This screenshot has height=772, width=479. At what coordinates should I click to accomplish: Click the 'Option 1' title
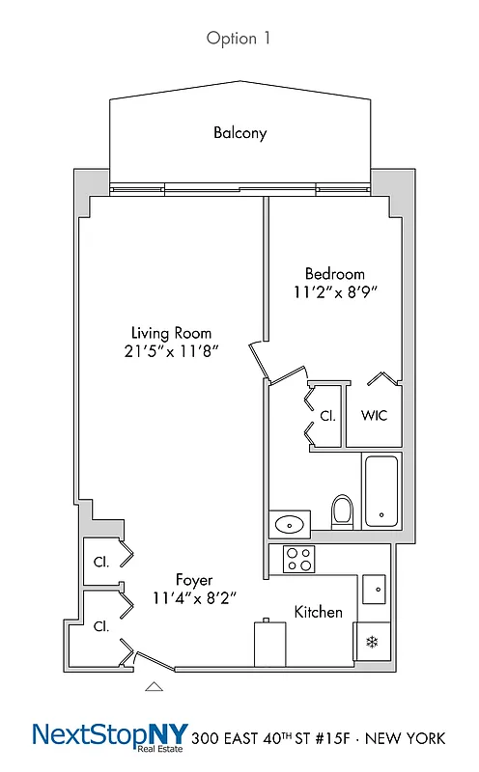tap(239, 39)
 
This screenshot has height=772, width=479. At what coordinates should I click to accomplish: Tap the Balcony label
tap(239, 133)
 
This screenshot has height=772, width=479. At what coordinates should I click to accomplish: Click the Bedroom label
tap(334, 273)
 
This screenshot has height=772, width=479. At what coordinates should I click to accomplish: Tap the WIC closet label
tap(374, 416)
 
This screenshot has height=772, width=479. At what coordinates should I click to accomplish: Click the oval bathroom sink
tap(289, 525)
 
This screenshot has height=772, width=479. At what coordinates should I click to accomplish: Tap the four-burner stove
tap(297, 559)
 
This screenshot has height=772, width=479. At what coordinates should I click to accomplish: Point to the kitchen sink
tap(375, 587)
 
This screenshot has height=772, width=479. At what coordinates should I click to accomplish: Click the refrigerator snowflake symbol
tap(371, 641)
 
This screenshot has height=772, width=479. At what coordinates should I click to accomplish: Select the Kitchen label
tap(319, 612)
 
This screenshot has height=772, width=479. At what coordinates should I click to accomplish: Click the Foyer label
tap(194, 580)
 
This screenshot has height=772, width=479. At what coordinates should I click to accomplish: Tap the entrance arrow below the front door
tap(153, 686)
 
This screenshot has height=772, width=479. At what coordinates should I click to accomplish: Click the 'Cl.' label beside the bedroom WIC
tap(327, 416)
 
